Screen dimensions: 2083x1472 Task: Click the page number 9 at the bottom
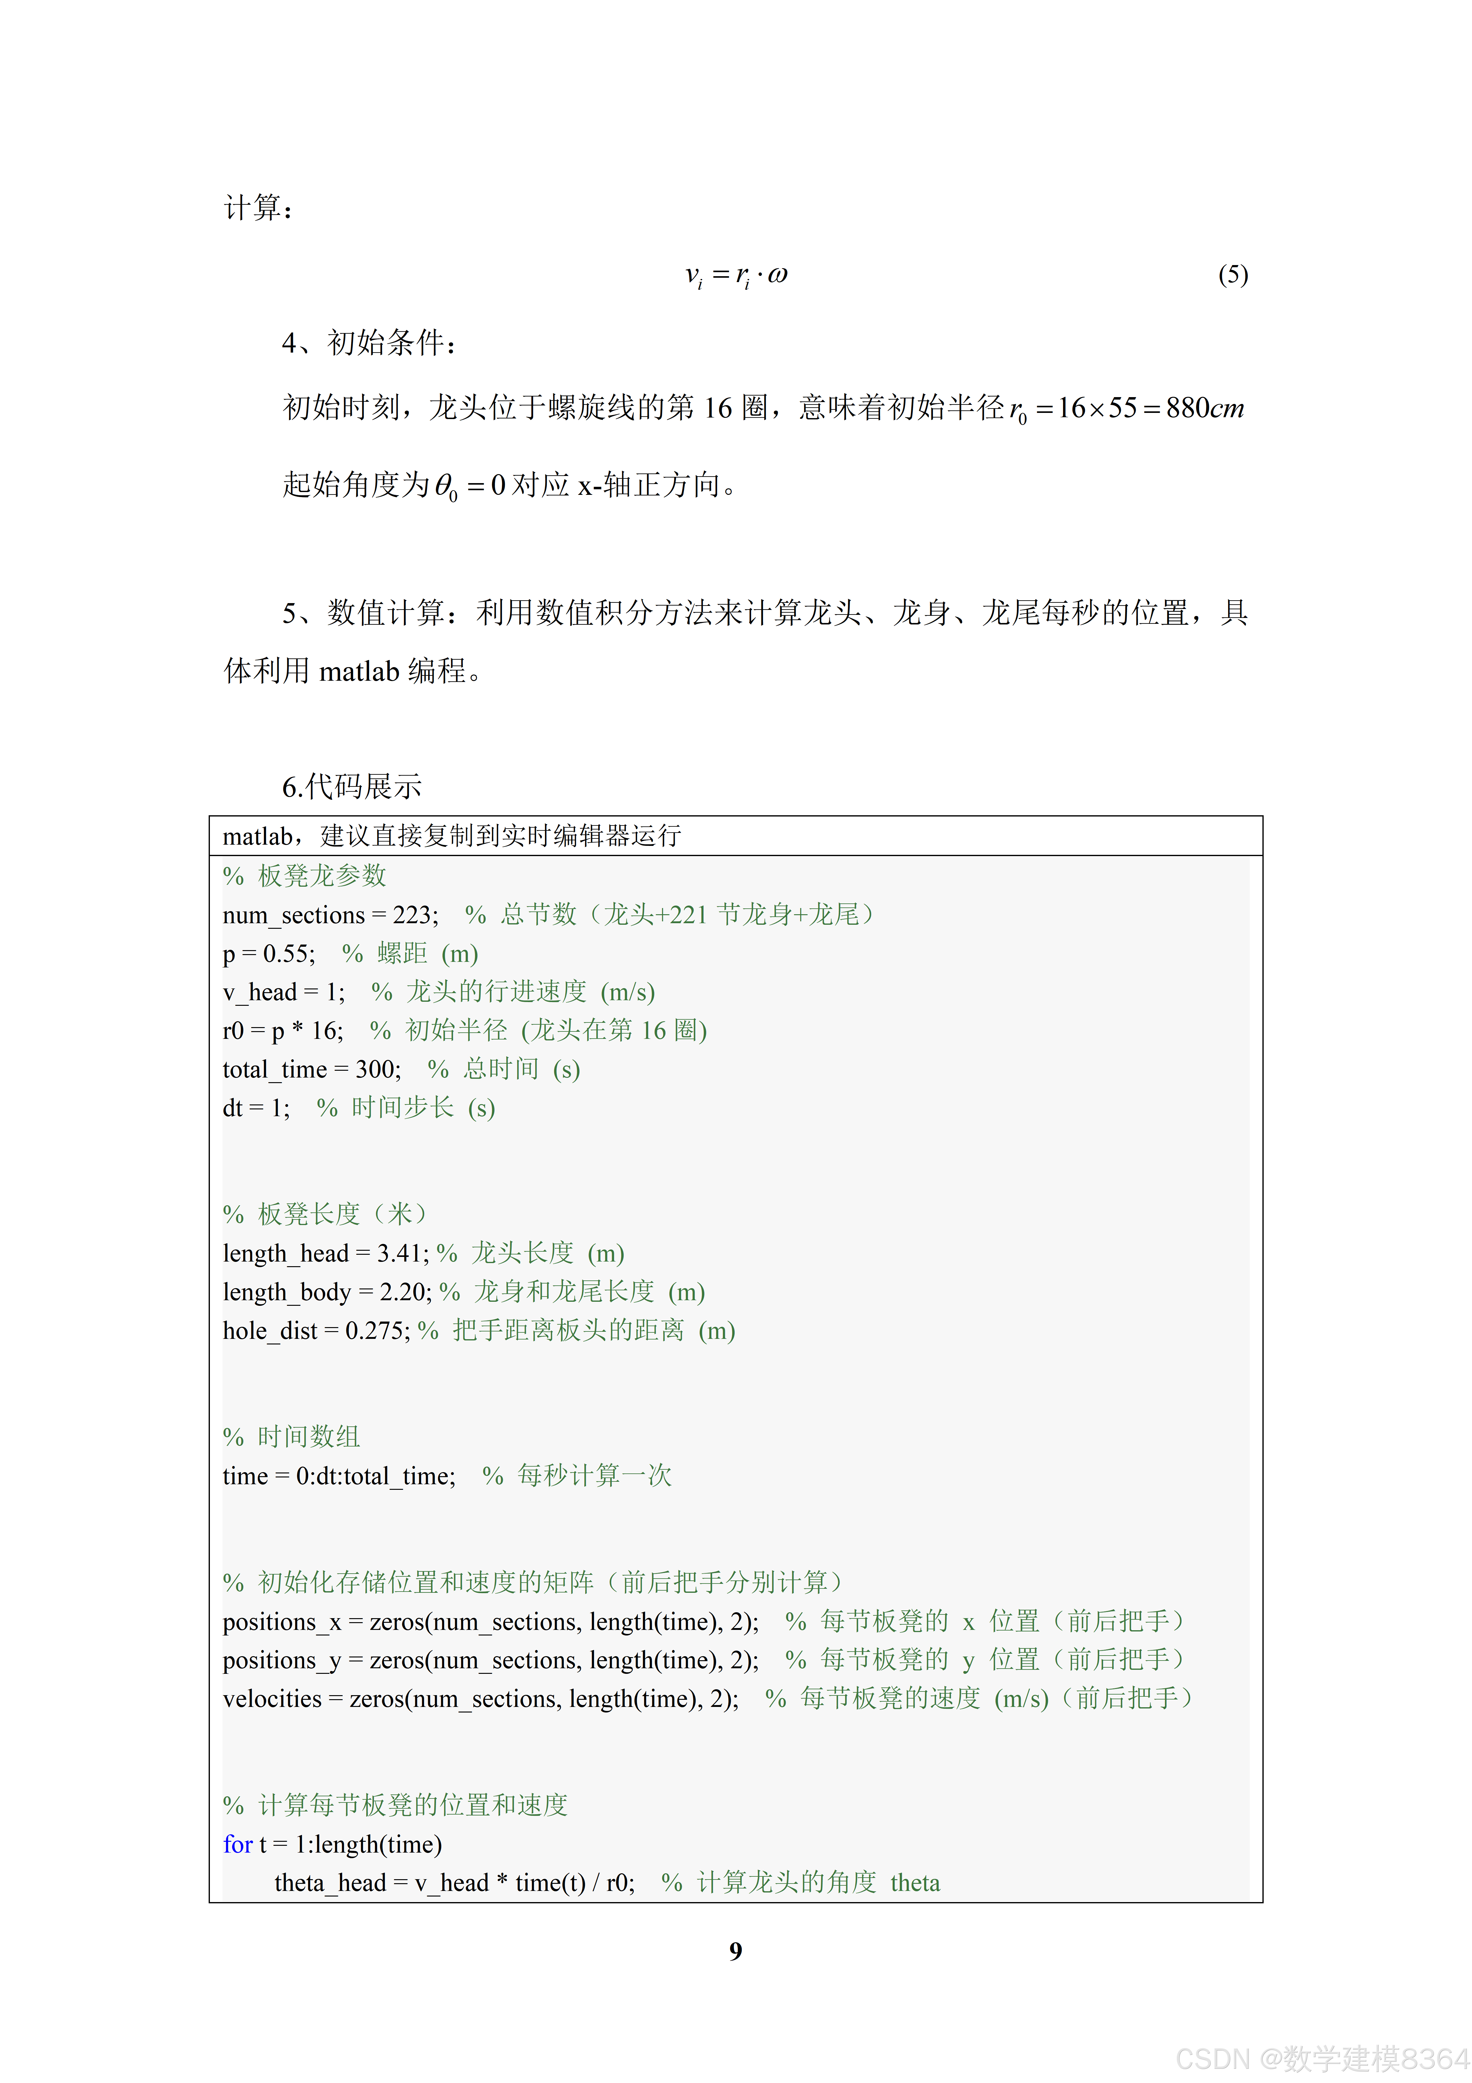pos(736,1951)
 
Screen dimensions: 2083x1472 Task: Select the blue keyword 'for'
pos(238,1845)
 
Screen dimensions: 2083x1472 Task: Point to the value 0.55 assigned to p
pos(288,954)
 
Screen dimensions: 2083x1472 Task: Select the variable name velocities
pos(272,1698)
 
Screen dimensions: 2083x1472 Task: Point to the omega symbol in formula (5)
pos(777,275)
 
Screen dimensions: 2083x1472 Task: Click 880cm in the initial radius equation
pos(1204,408)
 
